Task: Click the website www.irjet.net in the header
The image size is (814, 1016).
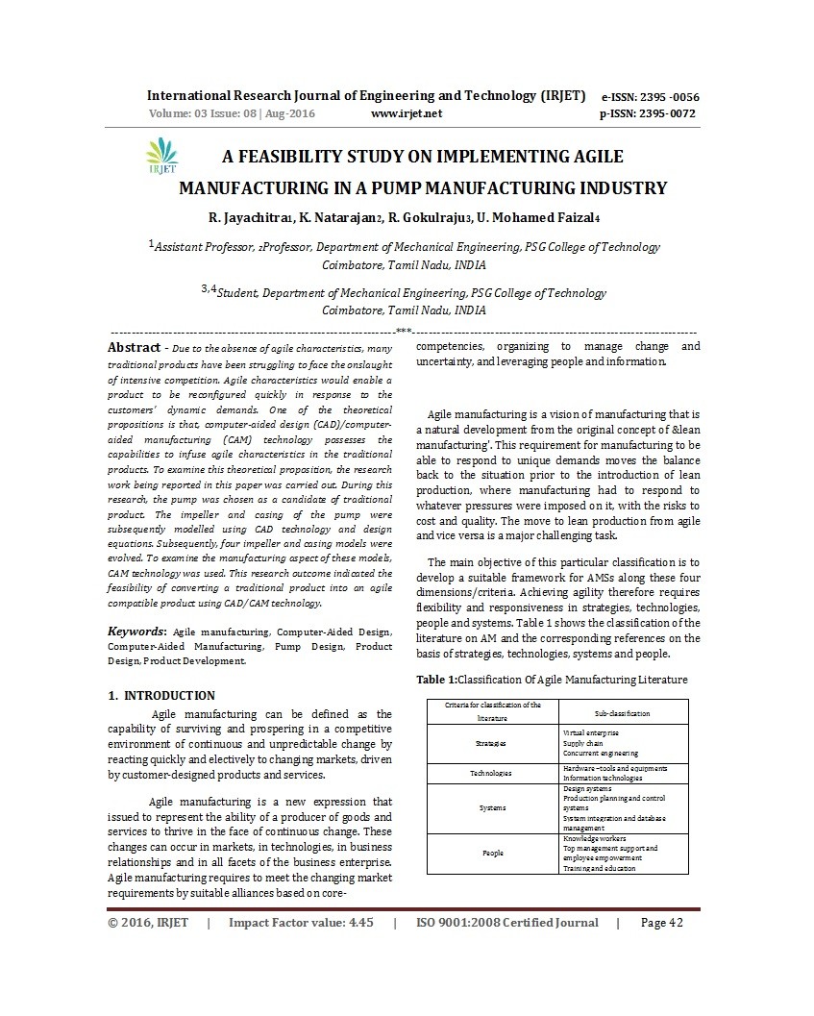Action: point(406,113)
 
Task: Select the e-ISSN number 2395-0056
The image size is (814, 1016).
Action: point(650,97)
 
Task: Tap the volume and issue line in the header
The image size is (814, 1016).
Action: point(232,113)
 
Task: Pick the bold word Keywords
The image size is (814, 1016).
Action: point(138,632)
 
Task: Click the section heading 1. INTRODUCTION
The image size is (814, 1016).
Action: point(161,695)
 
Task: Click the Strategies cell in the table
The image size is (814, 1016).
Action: point(490,744)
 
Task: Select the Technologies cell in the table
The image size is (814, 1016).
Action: point(490,773)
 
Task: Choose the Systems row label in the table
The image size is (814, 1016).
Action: point(490,807)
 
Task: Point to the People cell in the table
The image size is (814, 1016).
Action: point(490,853)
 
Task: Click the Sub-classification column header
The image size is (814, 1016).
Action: point(622,713)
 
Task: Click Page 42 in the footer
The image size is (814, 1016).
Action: point(661,923)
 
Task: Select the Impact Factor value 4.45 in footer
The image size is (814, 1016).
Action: point(301,923)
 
